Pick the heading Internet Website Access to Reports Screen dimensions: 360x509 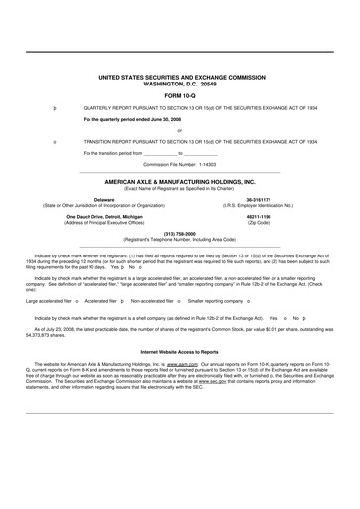180,379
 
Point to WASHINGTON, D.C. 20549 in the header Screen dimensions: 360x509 180,81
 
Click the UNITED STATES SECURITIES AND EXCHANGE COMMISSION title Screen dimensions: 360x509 180,75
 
